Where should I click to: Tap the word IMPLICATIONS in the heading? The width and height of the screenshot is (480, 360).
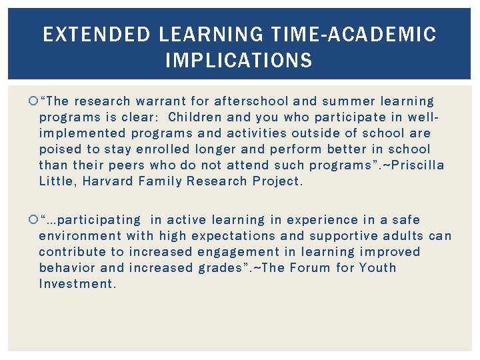click(239, 61)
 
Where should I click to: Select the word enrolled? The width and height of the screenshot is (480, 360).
click(160, 149)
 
